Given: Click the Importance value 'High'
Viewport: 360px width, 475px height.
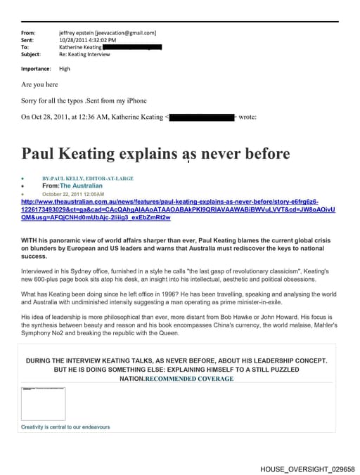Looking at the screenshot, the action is [65, 69].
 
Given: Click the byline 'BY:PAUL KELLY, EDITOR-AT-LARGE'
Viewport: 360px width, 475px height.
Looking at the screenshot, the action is [88, 178].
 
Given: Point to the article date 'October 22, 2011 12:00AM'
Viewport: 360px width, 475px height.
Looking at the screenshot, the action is [73, 193].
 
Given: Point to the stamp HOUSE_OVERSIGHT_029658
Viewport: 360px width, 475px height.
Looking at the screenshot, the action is [307, 468].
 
